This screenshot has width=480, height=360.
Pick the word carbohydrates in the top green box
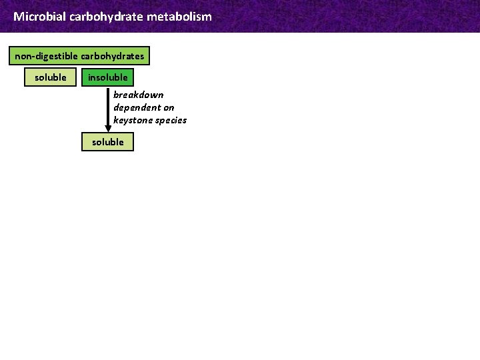(112, 56)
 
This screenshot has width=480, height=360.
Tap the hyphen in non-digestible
(35, 57)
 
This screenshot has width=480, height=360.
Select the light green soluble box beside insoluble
(51, 77)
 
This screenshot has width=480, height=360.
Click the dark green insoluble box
(108, 77)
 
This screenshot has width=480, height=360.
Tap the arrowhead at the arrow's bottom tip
(109, 129)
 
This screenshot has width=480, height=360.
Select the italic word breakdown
(138, 95)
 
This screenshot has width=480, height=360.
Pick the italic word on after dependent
(169, 107)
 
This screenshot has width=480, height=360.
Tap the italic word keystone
(133, 120)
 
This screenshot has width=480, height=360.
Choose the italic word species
(171, 120)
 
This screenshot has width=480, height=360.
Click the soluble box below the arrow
(108, 142)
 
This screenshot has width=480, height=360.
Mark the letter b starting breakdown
(116, 95)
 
